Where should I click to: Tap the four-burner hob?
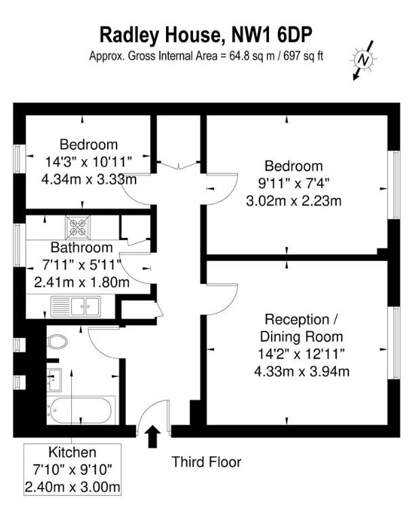coord(77,226)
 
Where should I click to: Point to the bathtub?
coord(81,409)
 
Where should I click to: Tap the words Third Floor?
coord(206,463)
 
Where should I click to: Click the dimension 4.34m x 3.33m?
coord(89,180)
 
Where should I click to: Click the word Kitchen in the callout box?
coord(72,452)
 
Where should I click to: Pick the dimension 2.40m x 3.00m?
coord(72,487)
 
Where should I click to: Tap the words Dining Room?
coord(302,337)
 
